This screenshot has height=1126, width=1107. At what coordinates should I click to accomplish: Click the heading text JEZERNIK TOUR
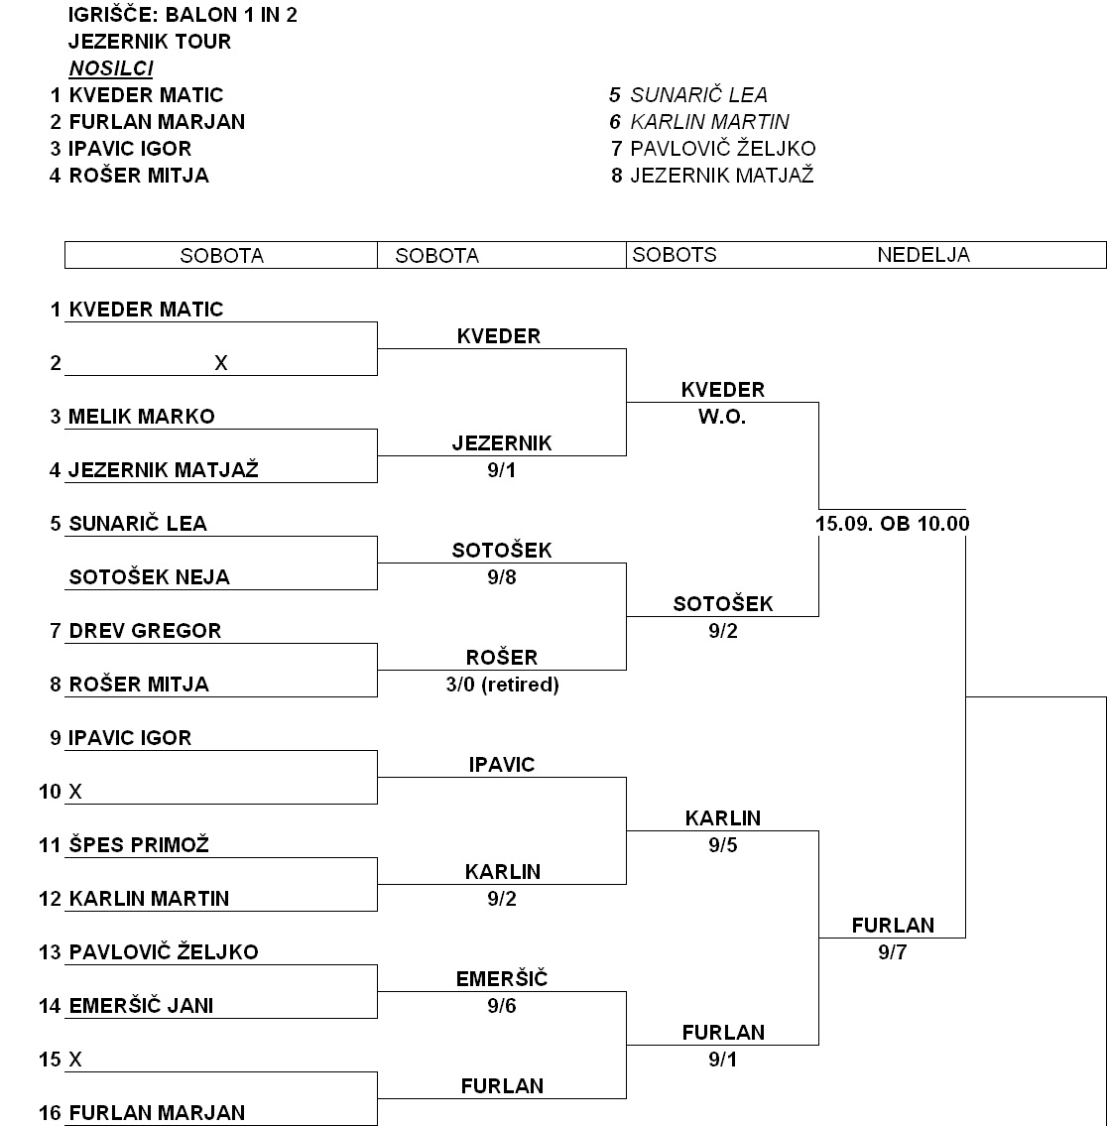click(x=150, y=42)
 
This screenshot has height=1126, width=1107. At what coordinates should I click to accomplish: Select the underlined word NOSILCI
click(x=110, y=68)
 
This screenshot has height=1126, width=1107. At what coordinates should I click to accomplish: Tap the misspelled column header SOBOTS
click(x=674, y=255)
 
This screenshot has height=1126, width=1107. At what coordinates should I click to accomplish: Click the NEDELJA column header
click(x=922, y=255)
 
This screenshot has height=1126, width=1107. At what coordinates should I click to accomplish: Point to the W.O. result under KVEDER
click(x=722, y=417)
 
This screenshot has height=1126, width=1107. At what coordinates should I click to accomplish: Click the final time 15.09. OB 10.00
click(x=892, y=524)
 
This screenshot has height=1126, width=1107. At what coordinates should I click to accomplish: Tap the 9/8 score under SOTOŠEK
click(x=501, y=577)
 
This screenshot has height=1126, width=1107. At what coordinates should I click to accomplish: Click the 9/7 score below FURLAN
click(x=892, y=952)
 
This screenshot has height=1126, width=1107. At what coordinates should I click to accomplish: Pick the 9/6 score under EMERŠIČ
click(x=501, y=1006)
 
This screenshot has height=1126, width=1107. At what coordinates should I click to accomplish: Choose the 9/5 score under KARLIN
click(x=722, y=845)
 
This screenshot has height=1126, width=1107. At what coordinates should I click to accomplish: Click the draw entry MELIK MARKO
click(x=141, y=417)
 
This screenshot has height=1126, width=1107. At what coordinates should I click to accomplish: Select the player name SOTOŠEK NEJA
click(x=149, y=577)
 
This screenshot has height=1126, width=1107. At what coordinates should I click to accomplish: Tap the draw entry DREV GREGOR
click(x=145, y=631)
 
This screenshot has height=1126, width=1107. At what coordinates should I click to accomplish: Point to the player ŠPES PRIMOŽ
click(x=139, y=845)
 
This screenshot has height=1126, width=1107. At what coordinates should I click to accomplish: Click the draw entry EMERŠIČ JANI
click(x=141, y=1006)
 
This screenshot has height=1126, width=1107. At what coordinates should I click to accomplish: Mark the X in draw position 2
click(x=220, y=363)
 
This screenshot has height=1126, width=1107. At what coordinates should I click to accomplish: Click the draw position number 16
click(x=50, y=1113)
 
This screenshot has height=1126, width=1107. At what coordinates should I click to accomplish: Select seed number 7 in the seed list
click(x=616, y=149)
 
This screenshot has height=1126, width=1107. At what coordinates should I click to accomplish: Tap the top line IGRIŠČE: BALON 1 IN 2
click(x=183, y=15)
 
